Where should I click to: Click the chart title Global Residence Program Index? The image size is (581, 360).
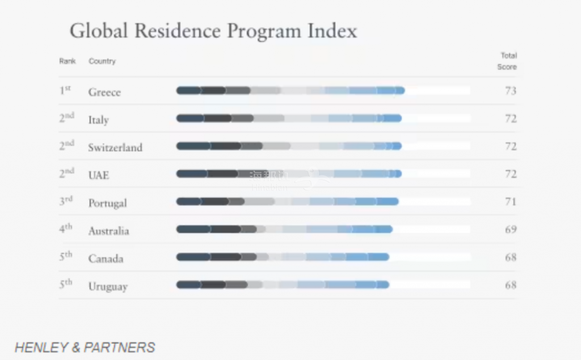[x=213, y=31]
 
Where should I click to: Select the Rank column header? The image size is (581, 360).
[x=67, y=61]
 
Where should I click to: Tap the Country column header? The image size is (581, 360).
[x=102, y=61]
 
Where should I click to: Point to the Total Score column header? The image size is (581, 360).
[x=508, y=61]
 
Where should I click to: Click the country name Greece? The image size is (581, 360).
[x=104, y=92]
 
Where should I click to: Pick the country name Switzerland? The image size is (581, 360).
[x=115, y=147]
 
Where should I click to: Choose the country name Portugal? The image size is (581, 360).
[x=107, y=203]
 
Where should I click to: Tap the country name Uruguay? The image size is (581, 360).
[x=108, y=286]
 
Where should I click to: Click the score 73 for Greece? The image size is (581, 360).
[x=511, y=91]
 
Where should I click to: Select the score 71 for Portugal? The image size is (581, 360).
[x=511, y=202]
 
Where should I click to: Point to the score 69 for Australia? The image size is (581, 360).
[x=511, y=230]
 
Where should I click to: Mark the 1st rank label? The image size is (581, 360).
[x=65, y=90]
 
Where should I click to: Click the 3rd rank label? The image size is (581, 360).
[x=66, y=201]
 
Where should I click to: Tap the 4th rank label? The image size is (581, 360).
[x=66, y=229]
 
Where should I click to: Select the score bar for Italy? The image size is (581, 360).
[x=289, y=118]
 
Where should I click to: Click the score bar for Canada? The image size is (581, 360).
[x=283, y=257]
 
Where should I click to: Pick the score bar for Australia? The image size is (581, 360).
[x=284, y=229]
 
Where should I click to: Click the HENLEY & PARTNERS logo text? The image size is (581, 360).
[x=85, y=348]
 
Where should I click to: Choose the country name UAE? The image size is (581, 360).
[x=98, y=175]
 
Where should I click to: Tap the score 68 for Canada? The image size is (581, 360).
[x=511, y=257]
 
